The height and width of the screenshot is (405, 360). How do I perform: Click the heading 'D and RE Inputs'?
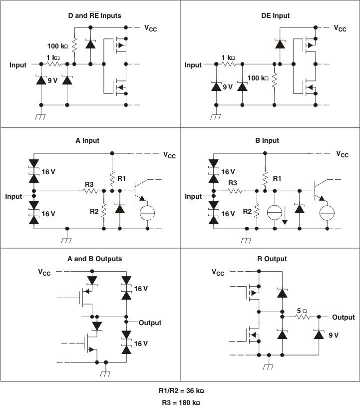pyautogui.click(x=94, y=15)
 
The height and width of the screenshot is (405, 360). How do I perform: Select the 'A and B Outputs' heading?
pyautogui.click(x=94, y=259)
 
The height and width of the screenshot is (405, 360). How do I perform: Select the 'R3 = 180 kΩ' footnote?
pyautogui.click(x=179, y=401)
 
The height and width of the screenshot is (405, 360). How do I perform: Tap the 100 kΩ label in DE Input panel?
pyautogui.click(x=258, y=78)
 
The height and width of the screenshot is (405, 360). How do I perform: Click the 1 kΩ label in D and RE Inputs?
pyautogui.click(x=53, y=57)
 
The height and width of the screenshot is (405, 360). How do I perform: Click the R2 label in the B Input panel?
pyautogui.click(x=247, y=211)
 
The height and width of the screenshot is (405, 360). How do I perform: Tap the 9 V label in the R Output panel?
pyautogui.click(x=334, y=335)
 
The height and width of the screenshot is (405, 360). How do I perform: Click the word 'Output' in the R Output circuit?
pyautogui.click(x=344, y=317)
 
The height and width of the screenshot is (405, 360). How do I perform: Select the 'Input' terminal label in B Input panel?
pyautogui.click(x=193, y=196)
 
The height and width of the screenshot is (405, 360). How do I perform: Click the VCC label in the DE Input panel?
pyautogui.click(x=340, y=28)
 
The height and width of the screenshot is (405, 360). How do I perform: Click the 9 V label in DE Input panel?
pyautogui.click(x=228, y=86)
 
